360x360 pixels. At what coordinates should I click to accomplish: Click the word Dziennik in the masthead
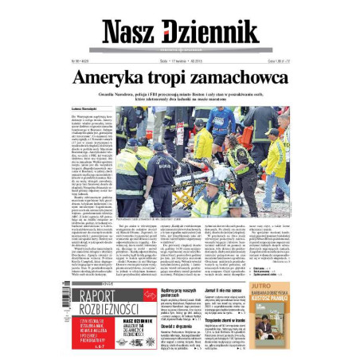coord(210,31)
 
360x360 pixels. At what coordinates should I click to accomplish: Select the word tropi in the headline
coord(174,77)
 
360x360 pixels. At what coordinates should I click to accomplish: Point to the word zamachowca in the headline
coord(243,77)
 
